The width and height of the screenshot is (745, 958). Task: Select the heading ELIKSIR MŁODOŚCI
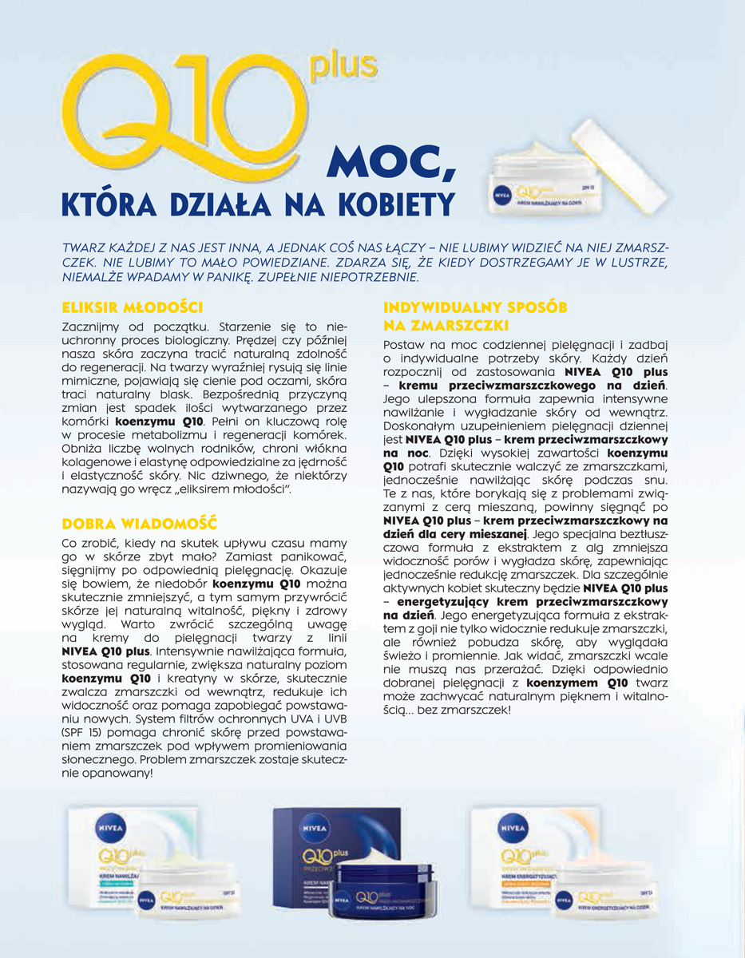(x=132, y=307)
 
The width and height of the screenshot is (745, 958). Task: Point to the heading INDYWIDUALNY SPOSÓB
(x=477, y=307)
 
